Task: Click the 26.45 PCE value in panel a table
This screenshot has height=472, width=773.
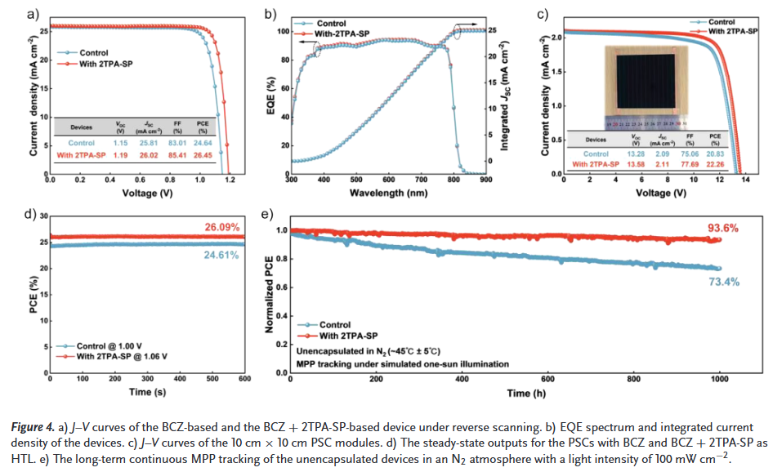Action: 203,154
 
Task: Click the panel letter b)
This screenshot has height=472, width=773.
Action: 270,13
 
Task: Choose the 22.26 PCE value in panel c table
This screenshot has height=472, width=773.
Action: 715,164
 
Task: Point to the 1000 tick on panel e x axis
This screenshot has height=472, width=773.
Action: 720,380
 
